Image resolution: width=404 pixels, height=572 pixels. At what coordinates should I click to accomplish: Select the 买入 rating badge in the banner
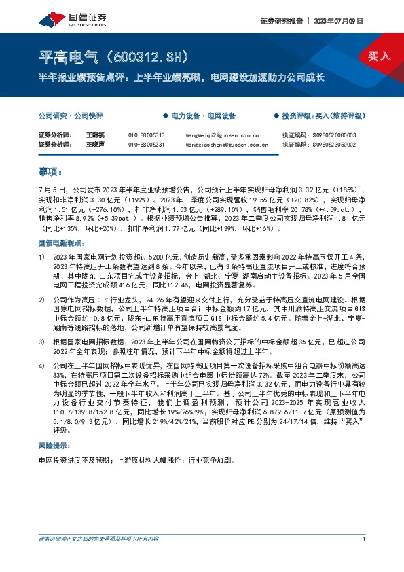(x=380, y=56)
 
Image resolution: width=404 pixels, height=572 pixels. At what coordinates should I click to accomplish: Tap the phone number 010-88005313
(x=146, y=135)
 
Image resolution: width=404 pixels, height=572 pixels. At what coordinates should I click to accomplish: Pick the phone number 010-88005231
(x=146, y=145)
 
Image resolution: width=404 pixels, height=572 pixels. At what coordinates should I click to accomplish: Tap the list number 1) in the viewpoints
(x=42, y=257)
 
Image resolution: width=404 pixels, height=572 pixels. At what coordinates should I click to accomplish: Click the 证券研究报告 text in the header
(x=280, y=20)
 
